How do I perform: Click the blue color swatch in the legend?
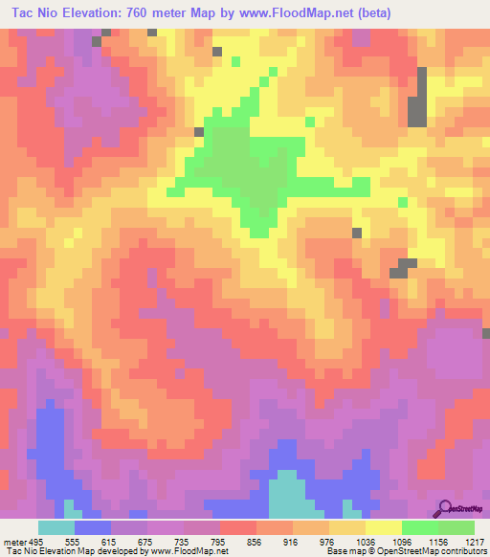[x=92, y=526]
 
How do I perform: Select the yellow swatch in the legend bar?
[x=383, y=526]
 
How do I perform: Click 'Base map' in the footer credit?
[x=342, y=550]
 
